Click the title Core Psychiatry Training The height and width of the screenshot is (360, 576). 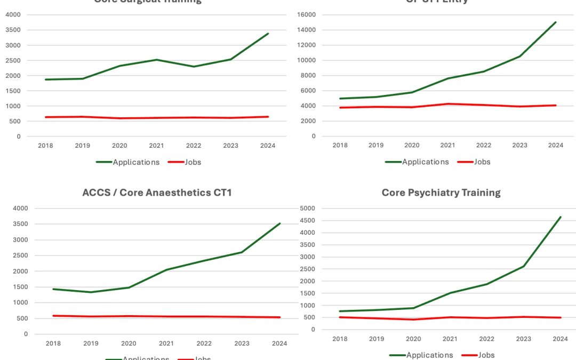tap(441, 193)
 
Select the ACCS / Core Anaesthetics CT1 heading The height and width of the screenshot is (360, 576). tap(157, 193)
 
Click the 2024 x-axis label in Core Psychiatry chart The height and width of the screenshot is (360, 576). tap(560, 339)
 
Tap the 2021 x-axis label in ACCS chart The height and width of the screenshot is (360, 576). tap(166, 343)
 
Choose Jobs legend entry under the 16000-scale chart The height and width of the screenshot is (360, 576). tap(482, 162)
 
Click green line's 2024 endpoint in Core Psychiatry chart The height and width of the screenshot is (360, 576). tap(560, 217)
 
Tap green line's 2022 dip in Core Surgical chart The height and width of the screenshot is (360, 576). tap(194, 67)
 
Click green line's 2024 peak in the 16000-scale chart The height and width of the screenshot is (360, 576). tap(556, 22)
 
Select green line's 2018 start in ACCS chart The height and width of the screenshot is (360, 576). tap(53, 289)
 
